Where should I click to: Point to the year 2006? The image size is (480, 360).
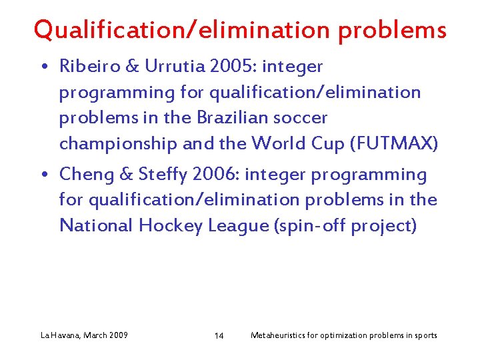tap(216, 175)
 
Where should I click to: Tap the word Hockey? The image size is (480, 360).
tap(170, 226)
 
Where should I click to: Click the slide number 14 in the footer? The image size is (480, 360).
tap(219, 335)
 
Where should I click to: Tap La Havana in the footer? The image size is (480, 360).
tap(61, 335)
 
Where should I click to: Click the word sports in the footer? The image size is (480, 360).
tap(425, 335)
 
